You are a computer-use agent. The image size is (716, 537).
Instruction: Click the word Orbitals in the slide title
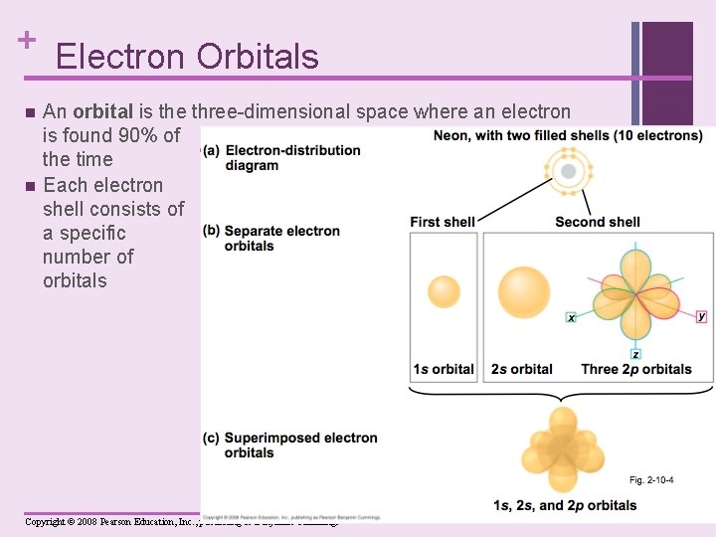pos(258,57)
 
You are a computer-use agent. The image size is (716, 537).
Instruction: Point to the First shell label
pos(442,222)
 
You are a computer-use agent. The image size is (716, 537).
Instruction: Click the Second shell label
pos(597,222)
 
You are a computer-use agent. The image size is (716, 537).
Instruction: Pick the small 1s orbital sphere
pos(444,291)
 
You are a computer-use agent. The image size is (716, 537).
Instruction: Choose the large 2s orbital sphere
pos(523,291)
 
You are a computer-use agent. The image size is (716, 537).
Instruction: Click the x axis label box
pos(572,318)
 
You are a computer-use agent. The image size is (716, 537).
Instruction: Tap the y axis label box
pos(701,316)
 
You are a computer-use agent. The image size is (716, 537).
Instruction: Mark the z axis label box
pos(635,355)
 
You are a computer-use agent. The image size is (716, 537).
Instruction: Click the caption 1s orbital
pos(444,370)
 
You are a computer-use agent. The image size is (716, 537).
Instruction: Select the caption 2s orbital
pos(522,370)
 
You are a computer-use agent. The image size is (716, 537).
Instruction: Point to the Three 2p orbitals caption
pos(636,370)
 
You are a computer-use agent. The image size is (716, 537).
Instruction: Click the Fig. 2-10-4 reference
pos(650,480)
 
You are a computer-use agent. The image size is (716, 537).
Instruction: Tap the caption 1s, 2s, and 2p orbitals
pos(565,505)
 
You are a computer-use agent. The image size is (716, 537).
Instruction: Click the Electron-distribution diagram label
pos(292,158)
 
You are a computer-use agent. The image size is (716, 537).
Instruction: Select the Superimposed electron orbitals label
pos(300,446)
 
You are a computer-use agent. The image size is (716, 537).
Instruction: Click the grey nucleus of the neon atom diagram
pos(568,171)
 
